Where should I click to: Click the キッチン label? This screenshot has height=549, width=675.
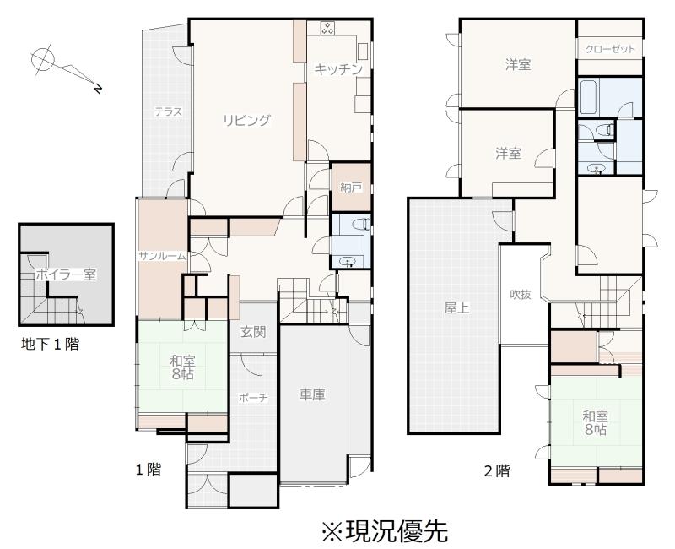(337, 69)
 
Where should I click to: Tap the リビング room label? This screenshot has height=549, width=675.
(246, 120)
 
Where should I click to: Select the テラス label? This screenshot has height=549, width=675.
(168, 112)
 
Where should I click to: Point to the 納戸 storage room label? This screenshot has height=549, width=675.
(351, 188)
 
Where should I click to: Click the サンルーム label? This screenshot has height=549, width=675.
(162, 256)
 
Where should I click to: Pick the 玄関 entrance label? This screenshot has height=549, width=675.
(253, 332)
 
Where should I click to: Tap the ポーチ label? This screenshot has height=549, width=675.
(253, 398)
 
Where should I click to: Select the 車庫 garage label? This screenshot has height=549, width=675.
(312, 394)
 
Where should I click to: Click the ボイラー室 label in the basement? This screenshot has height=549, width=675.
(66, 274)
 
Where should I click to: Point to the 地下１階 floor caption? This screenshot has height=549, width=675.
(51, 344)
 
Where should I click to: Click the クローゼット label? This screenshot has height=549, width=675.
(610, 49)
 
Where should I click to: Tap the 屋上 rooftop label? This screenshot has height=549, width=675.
(456, 308)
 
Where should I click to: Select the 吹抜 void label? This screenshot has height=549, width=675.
(521, 295)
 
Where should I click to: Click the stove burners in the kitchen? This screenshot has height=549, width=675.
(327, 29)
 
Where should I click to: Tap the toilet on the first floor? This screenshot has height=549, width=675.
(360, 224)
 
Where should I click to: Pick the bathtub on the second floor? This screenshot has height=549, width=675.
(588, 97)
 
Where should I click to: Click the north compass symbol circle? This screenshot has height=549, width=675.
(43, 59)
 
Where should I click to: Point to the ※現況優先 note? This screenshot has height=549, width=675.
(385, 531)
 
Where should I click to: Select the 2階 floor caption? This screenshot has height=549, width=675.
(497, 470)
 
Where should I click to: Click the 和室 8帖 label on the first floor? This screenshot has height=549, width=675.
(182, 367)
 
